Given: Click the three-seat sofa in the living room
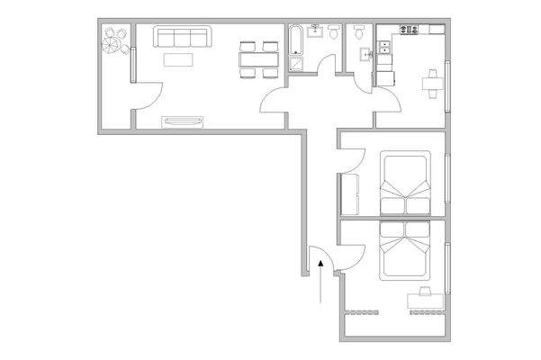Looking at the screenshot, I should [183, 37].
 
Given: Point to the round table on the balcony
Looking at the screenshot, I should [114, 40].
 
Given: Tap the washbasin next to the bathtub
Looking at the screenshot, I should [315, 33].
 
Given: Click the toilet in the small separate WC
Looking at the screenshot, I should [359, 33].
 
